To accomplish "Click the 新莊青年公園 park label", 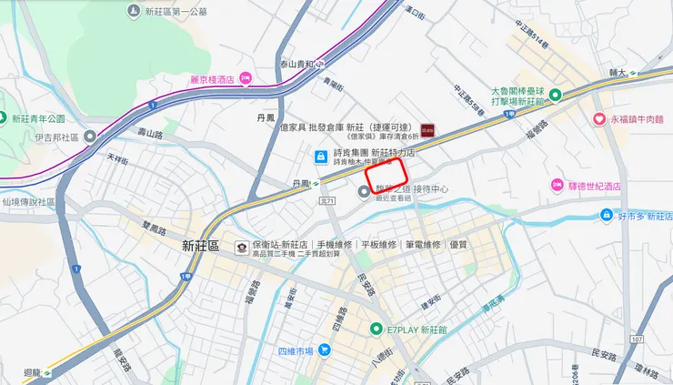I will (x=38, y=119).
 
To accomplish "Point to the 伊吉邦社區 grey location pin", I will (x=90, y=137).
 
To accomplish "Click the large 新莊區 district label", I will (x=200, y=246).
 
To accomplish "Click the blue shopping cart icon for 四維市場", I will (x=324, y=350).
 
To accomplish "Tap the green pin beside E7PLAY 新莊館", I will (x=377, y=329).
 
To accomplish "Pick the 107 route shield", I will (x=636, y=339).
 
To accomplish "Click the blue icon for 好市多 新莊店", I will (x=607, y=216).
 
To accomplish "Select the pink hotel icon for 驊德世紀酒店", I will (x=556, y=186).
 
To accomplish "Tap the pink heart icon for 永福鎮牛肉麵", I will (x=599, y=118).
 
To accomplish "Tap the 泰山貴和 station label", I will (x=296, y=64).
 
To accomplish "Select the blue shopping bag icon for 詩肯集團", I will (x=320, y=156).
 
